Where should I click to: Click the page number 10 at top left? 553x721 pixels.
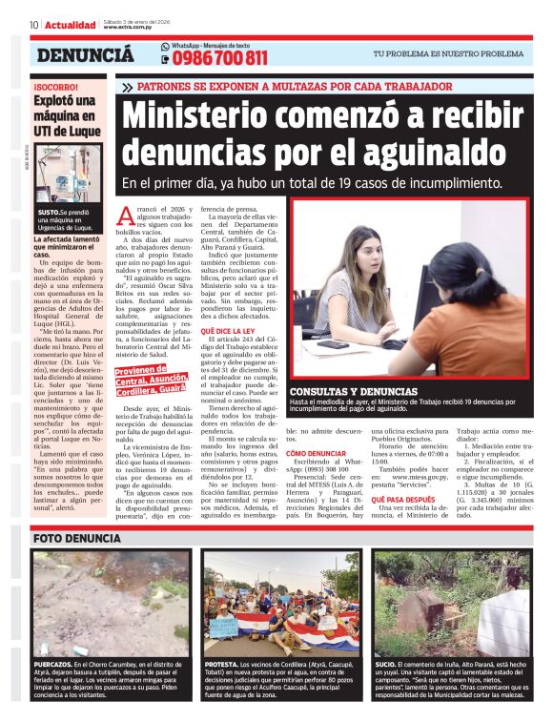(34, 25)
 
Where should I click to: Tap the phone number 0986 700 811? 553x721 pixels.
(220, 58)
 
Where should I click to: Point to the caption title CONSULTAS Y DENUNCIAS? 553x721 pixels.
(352, 391)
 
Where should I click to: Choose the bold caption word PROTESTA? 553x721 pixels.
(221, 664)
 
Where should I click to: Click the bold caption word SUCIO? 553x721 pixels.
(385, 664)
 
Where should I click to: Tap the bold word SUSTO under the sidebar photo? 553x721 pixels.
(48, 211)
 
